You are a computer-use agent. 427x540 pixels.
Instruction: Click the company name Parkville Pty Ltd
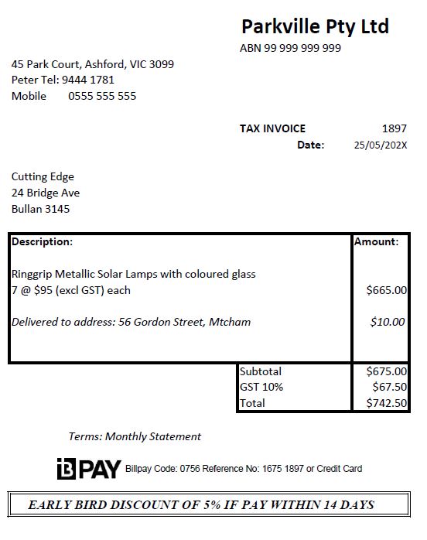point(315,26)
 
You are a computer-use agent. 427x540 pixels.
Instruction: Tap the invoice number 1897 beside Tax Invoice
point(394,128)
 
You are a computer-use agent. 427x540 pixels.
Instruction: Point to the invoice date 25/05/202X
point(380,145)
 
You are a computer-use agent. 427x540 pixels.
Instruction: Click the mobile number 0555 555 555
point(102,96)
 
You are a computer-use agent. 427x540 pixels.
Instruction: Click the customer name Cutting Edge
point(43,176)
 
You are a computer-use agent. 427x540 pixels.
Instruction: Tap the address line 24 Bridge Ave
point(46,193)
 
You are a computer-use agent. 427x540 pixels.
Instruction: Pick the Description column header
point(42,241)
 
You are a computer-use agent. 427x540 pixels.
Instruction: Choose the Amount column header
point(377,241)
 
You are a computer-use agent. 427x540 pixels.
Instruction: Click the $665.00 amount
point(386,290)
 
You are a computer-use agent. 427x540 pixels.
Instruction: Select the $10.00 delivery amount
point(388,322)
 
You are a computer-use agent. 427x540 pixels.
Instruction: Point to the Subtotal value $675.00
point(386,371)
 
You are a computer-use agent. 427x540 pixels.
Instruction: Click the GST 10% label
point(261,387)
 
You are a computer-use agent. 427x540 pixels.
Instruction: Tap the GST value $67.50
point(389,387)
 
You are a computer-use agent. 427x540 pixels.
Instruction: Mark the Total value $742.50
point(386,403)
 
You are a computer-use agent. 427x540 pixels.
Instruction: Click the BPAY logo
point(89,469)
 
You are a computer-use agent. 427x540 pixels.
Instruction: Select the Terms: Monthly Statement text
point(135,436)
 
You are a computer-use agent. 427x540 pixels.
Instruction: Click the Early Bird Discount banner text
point(201,505)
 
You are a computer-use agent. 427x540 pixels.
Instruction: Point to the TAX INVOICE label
point(272,128)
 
